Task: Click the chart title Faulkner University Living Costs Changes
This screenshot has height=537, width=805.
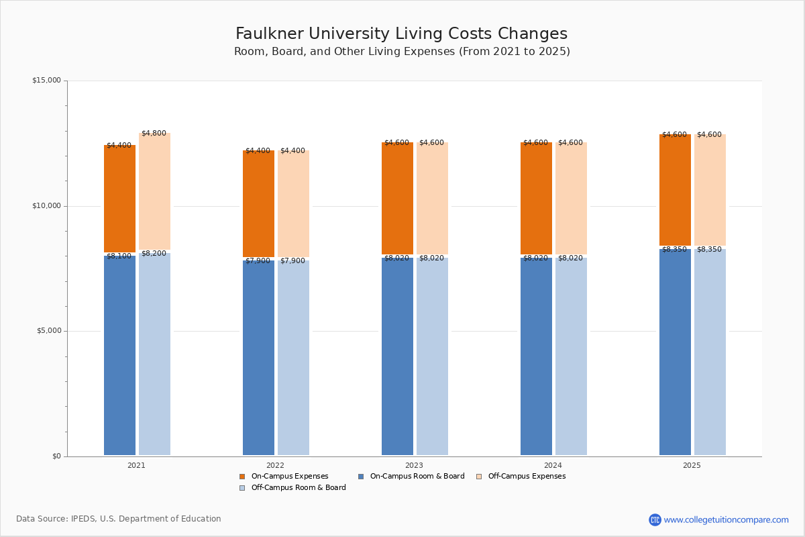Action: tap(401, 34)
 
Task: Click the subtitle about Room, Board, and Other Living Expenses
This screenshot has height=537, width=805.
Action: tap(401, 52)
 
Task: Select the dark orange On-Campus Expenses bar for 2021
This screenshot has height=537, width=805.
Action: tap(119, 199)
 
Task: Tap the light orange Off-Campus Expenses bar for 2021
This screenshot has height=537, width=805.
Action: tap(154, 191)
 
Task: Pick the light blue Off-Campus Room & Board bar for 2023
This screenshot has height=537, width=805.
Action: tap(432, 356)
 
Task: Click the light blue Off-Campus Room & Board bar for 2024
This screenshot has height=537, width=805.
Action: tap(571, 356)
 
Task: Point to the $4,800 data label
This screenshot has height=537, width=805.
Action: tap(154, 134)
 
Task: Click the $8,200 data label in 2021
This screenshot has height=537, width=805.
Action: tap(154, 254)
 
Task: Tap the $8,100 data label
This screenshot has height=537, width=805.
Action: tap(119, 256)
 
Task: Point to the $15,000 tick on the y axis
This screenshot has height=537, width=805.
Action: tap(46, 81)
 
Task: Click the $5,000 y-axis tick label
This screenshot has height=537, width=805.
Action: tap(48, 331)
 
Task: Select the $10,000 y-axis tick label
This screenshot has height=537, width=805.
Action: tap(46, 206)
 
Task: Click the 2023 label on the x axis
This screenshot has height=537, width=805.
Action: tap(414, 465)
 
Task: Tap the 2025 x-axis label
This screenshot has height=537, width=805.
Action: tap(692, 465)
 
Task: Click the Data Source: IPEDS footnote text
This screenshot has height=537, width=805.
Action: tap(119, 519)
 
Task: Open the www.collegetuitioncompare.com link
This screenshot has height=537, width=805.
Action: tap(726, 520)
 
